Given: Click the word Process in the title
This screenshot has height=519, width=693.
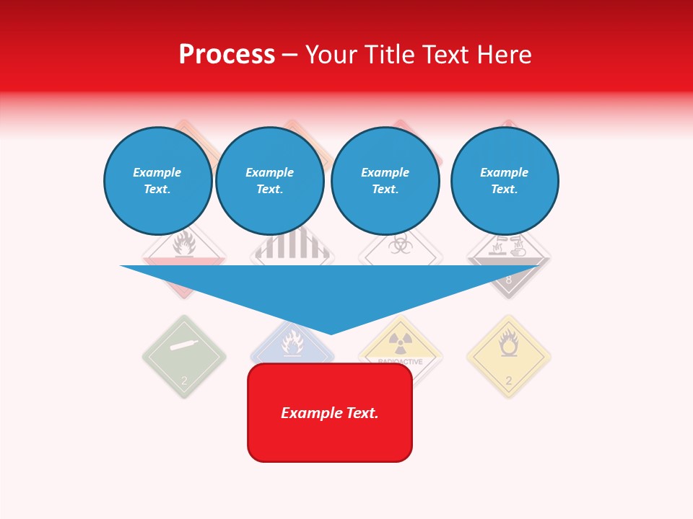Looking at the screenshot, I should coord(227,55).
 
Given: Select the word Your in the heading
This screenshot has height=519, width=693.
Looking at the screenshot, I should coord(330,55).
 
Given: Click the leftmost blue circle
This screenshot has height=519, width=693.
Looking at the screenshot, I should coord(157,181).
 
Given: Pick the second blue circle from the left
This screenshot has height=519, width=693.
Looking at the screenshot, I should coord(269,181).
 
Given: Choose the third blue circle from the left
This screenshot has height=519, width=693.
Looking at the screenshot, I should coord(385,181).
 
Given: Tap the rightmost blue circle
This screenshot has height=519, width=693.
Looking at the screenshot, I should coord(504,181).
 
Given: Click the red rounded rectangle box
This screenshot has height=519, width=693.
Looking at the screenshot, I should coord(330,412).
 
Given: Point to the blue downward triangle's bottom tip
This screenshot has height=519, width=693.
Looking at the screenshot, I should coord(331,332).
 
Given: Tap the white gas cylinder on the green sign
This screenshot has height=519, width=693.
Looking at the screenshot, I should coord(185,345).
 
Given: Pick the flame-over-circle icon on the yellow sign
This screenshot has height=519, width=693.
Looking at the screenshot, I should coord(509,344).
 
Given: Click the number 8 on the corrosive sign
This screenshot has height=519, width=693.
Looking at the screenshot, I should coord(508,280).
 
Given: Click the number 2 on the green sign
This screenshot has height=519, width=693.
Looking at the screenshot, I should coord(184,381).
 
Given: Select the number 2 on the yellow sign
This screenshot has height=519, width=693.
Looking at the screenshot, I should coord(508,381).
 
